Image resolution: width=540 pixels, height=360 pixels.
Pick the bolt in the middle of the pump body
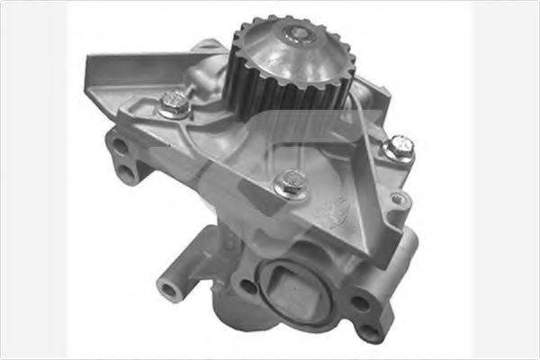pos(288,185)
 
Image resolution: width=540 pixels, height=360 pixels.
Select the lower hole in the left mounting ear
pos(127,171)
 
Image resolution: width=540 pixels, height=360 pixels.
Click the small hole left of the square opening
pos(247,286)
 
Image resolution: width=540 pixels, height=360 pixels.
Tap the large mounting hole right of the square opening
pos(359,302)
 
